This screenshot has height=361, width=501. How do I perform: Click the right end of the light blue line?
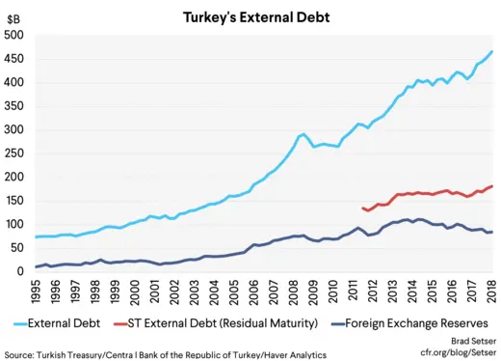(x=492, y=51)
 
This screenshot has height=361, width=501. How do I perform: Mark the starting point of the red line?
(x=362, y=208)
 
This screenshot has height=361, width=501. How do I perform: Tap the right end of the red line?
(x=492, y=186)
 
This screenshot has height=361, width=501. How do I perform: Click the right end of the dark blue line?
(x=492, y=232)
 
